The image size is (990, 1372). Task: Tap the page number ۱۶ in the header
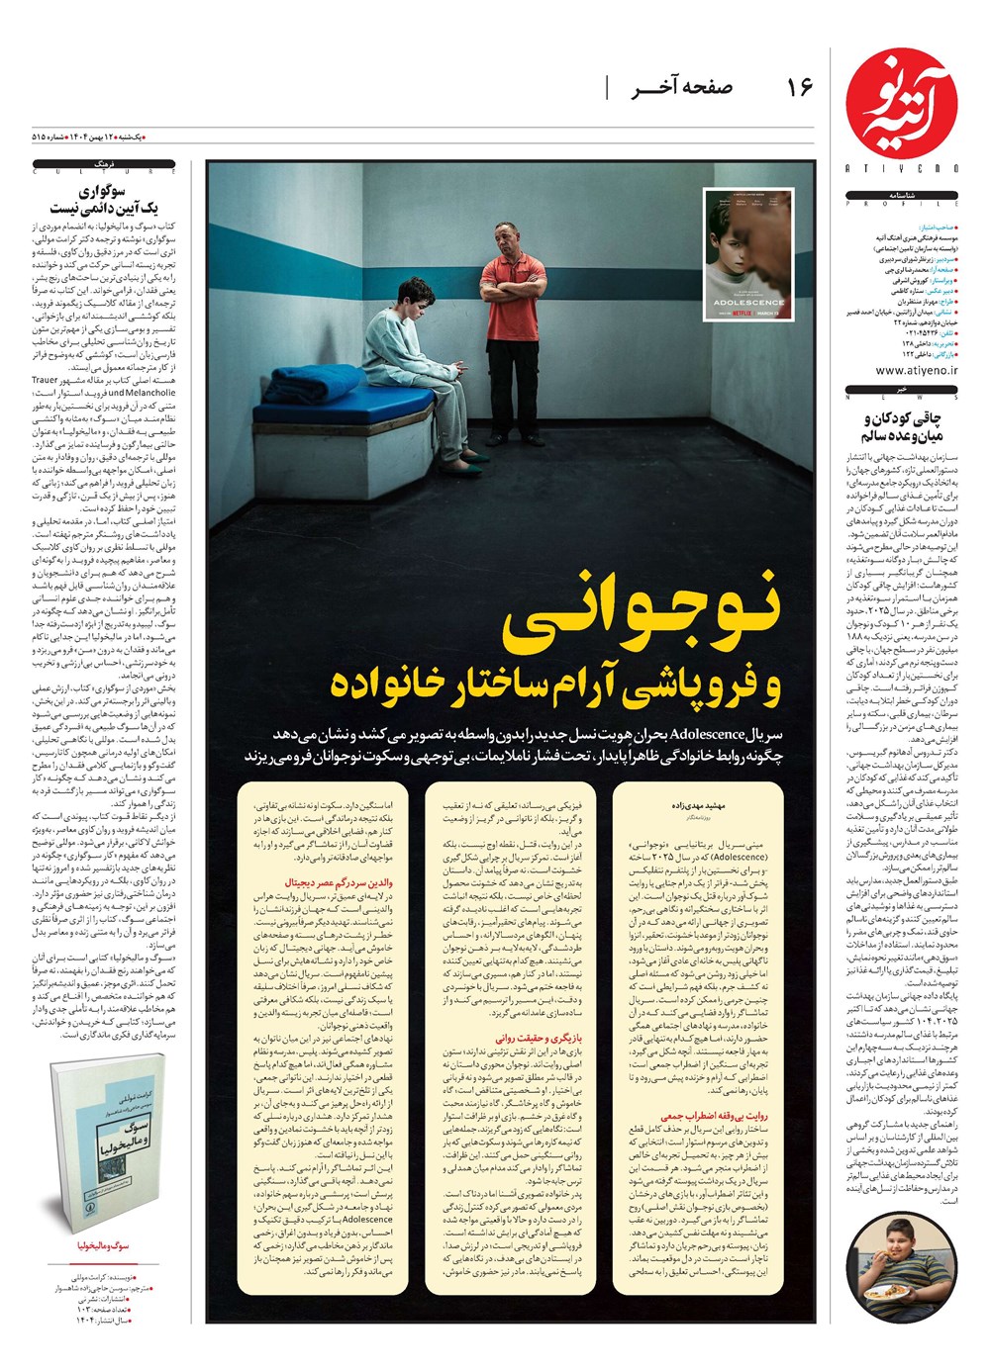(x=799, y=88)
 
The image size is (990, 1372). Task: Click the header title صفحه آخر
(x=682, y=88)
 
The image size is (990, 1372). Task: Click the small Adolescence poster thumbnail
(x=748, y=254)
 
